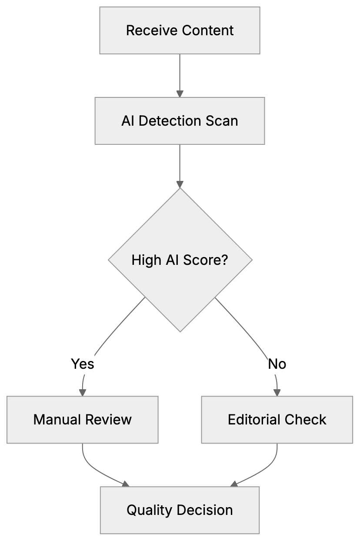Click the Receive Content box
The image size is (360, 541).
pos(180,30)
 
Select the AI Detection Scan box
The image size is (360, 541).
pos(180,120)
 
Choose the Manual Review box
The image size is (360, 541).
pos(82,420)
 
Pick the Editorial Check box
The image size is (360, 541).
pos(277,420)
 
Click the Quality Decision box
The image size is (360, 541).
pos(180,510)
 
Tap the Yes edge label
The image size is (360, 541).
pos(83,364)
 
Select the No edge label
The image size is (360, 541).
pos(277,364)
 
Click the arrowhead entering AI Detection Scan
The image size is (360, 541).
pos(180,94)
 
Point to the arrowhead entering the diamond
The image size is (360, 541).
pos(180,184)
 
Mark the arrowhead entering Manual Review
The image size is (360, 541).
pos(82,392)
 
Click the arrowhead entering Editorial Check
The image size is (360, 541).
pos(277,392)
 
